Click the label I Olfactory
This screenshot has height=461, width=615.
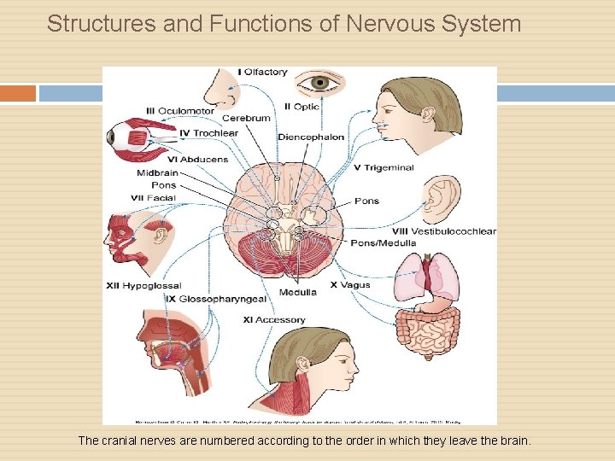(x=262, y=73)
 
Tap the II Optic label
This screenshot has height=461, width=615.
(x=301, y=107)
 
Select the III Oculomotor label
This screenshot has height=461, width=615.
(x=180, y=110)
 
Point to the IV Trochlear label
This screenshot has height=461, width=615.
(x=209, y=133)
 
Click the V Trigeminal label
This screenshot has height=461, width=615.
(x=384, y=168)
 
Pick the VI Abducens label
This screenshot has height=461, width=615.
(x=198, y=159)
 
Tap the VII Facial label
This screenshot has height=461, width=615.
(x=154, y=198)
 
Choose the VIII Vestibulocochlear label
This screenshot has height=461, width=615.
(x=443, y=231)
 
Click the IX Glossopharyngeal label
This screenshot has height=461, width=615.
(x=216, y=299)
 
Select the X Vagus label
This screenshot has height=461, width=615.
(x=350, y=285)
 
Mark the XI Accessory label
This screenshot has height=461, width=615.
(x=273, y=320)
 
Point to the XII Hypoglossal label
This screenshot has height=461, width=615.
(x=143, y=285)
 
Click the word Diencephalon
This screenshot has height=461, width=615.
(x=311, y=137)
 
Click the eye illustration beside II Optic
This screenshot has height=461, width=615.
(x=320, y=83)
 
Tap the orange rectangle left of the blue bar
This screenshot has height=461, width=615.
(x=18, y=93)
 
